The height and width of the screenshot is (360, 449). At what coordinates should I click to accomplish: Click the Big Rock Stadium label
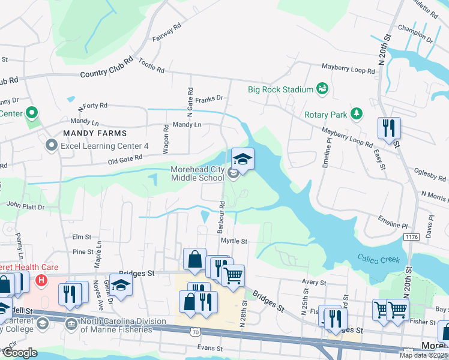[x=280, y=89]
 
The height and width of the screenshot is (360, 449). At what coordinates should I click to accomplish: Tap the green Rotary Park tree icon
[x=357, y=113]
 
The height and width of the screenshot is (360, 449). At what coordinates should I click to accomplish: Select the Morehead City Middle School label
[x=197, y=173]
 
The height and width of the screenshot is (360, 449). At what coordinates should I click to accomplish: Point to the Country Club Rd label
[x=106, y=74]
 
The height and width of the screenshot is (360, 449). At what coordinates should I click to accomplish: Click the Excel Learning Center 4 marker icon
[x=52, y=145]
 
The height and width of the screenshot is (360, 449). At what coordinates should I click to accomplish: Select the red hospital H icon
[x=41, y=280]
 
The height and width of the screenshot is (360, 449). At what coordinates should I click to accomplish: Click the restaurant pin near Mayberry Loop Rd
[x=388, y=128]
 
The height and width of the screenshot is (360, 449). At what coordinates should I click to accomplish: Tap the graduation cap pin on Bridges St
[x=121, y=286]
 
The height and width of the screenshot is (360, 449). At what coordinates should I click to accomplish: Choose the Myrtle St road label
[x=234, y=241]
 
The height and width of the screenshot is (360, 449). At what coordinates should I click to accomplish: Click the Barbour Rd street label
[x=221, y=213]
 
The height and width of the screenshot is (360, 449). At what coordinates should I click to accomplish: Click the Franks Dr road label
[x=211, y=98]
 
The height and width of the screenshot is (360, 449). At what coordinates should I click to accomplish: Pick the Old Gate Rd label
[x=124, y=158]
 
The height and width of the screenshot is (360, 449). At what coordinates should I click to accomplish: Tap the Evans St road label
[x=209, y=348]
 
